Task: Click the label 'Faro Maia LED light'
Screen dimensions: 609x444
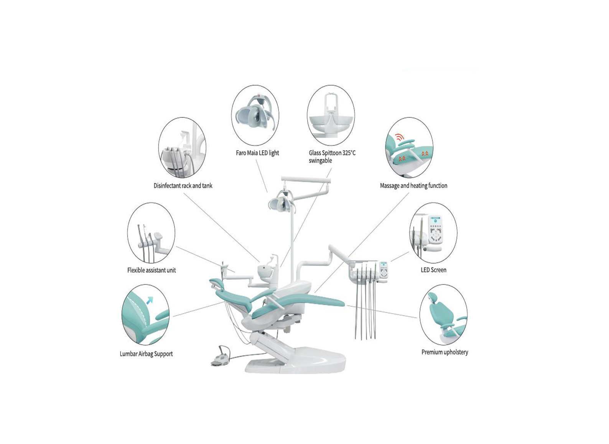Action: [257, 153]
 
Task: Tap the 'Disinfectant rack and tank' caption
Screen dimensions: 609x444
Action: [183, 186]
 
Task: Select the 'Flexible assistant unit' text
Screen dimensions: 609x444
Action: [151, 270]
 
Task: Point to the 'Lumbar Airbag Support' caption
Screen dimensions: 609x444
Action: [146, 354]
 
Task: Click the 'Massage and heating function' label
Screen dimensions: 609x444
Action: [413, 186]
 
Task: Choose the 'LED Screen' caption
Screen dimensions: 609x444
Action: [434, 270]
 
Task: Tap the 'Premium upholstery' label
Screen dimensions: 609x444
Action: [445, 352]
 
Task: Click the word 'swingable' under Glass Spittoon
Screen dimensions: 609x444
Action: [320, 161]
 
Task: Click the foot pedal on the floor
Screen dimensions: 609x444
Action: [221, 358]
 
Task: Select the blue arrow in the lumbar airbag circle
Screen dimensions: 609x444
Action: [150, 300]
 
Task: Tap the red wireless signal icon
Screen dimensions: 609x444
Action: [399, 137]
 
